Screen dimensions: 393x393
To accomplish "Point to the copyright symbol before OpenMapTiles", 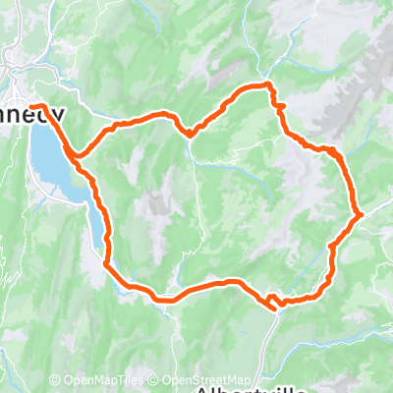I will coord(56,379).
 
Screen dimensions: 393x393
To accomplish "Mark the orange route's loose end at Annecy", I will coord(32,106).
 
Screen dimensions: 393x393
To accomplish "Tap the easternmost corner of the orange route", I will coord(362,212).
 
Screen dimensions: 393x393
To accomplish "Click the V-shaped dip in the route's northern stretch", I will coord(188,134).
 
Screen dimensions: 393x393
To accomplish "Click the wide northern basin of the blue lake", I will coord(47,157).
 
